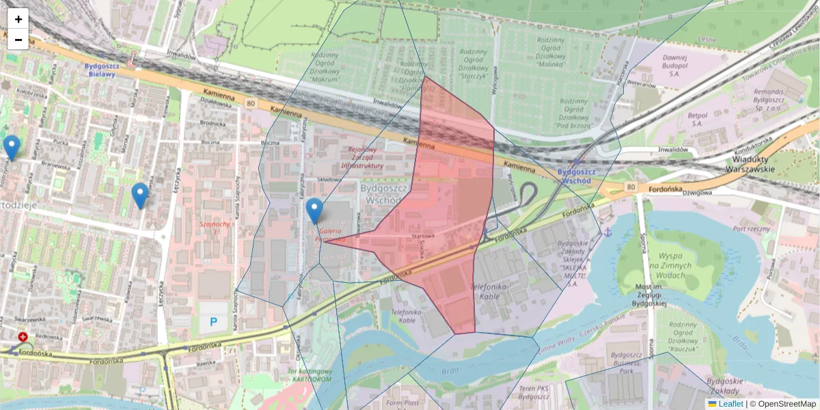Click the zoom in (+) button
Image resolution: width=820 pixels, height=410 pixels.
(x=18, y=19)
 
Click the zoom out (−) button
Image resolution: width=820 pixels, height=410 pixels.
(x=18, y=40)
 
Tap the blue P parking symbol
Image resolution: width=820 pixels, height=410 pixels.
(x=214, y=321)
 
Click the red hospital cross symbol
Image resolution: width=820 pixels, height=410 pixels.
(x=23, y=337)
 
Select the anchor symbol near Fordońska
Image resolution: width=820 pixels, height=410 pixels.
(x=605, y=233)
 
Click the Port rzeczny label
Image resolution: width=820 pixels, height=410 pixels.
(x=751, y=229)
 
